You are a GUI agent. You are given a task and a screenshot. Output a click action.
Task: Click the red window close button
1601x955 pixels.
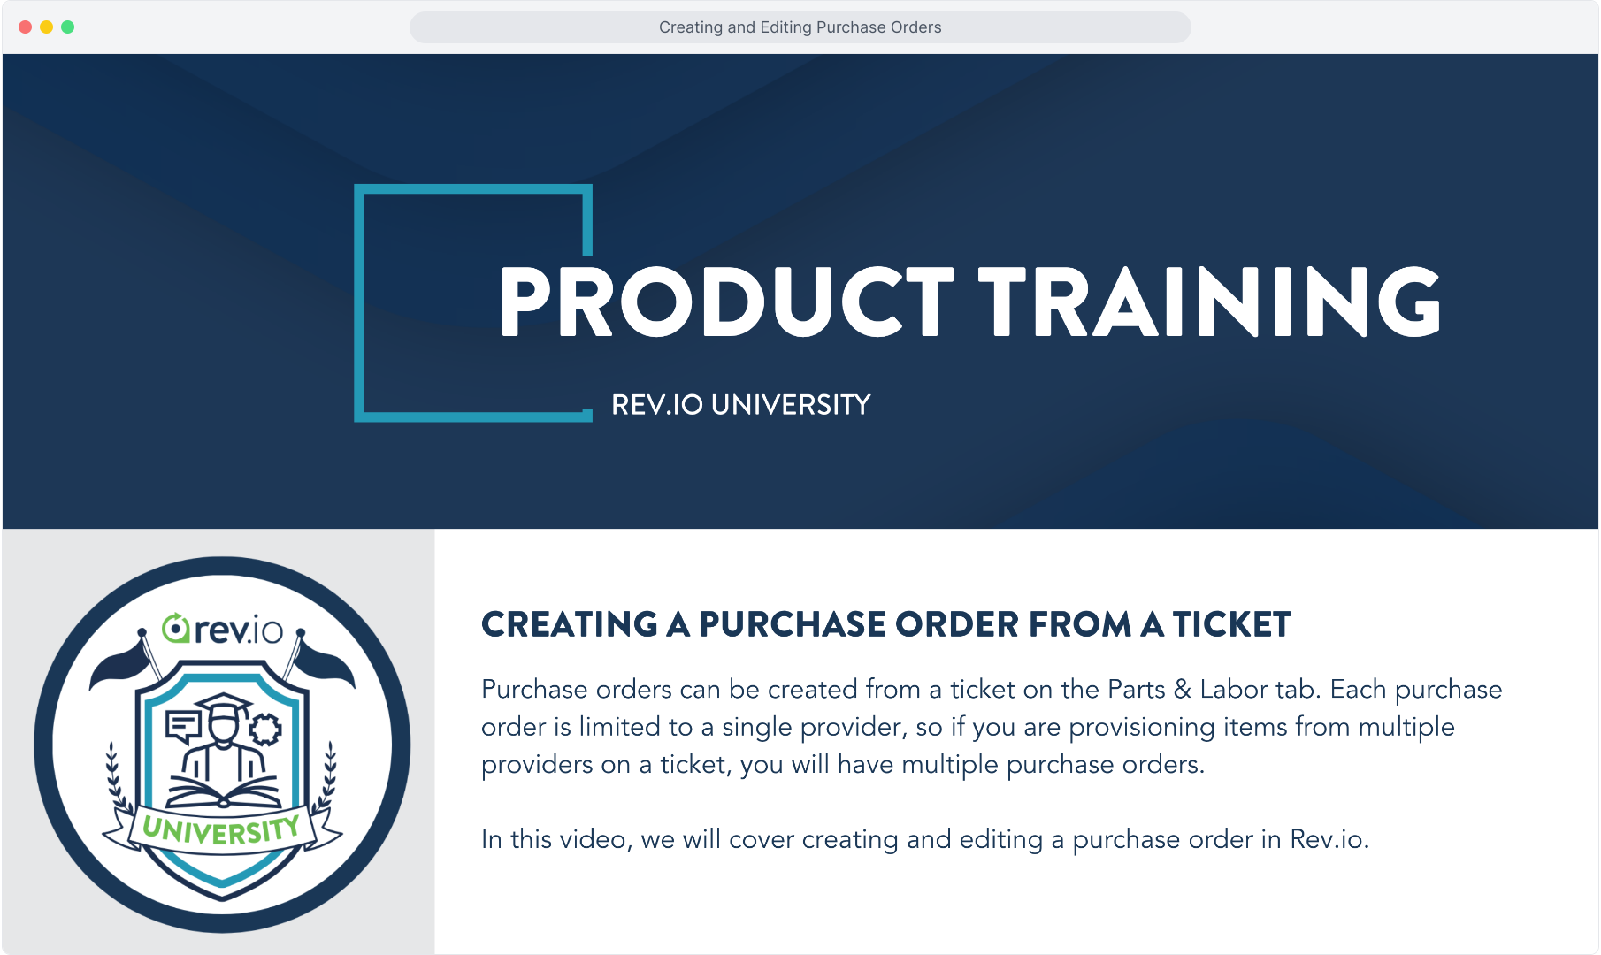pos(25,27)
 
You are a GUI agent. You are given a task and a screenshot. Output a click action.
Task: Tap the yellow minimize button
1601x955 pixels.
pos(46,27)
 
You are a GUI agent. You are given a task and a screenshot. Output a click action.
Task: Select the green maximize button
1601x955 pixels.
pos(67,27)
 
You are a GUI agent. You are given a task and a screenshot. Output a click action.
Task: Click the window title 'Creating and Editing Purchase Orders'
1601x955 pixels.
pos(800,27)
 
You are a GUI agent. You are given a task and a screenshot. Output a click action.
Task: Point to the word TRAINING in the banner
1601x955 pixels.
pos(1210,302)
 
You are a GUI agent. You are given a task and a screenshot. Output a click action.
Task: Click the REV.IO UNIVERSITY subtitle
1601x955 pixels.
pos(741,405)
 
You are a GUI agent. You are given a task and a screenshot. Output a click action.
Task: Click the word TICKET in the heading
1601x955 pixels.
pos(1232,624)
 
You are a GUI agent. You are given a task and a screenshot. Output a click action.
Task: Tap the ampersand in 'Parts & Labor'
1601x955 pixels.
pos(1183,690)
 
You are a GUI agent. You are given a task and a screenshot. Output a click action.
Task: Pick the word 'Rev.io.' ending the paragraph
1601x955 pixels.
pos(1329,839)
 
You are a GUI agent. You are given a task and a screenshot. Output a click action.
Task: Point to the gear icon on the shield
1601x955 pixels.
pos(265,730)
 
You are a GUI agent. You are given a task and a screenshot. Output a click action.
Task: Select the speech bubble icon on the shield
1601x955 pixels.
pos(184,726)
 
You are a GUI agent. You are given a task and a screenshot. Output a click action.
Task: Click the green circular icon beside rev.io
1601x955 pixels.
pos(176,628)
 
